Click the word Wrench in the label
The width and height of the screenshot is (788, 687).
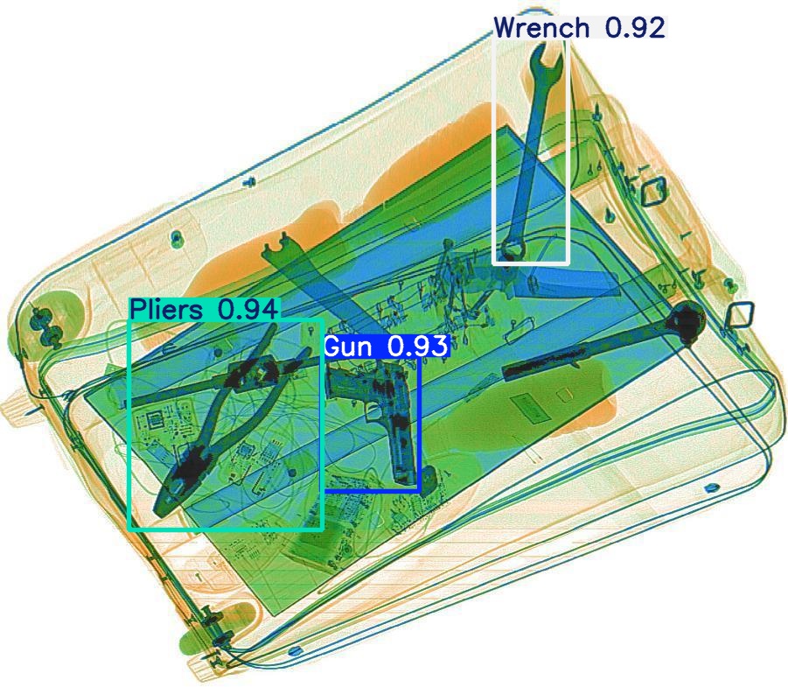click(x=541, y=28)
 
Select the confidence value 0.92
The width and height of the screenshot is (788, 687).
click(x=635, y=28)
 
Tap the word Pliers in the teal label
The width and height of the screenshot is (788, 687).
click(x=166, y=309)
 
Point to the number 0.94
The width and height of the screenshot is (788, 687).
click(x=248, y=309)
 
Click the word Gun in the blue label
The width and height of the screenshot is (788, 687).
click(x=348, y=347)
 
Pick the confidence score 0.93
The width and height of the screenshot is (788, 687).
click(x=418, y=347)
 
